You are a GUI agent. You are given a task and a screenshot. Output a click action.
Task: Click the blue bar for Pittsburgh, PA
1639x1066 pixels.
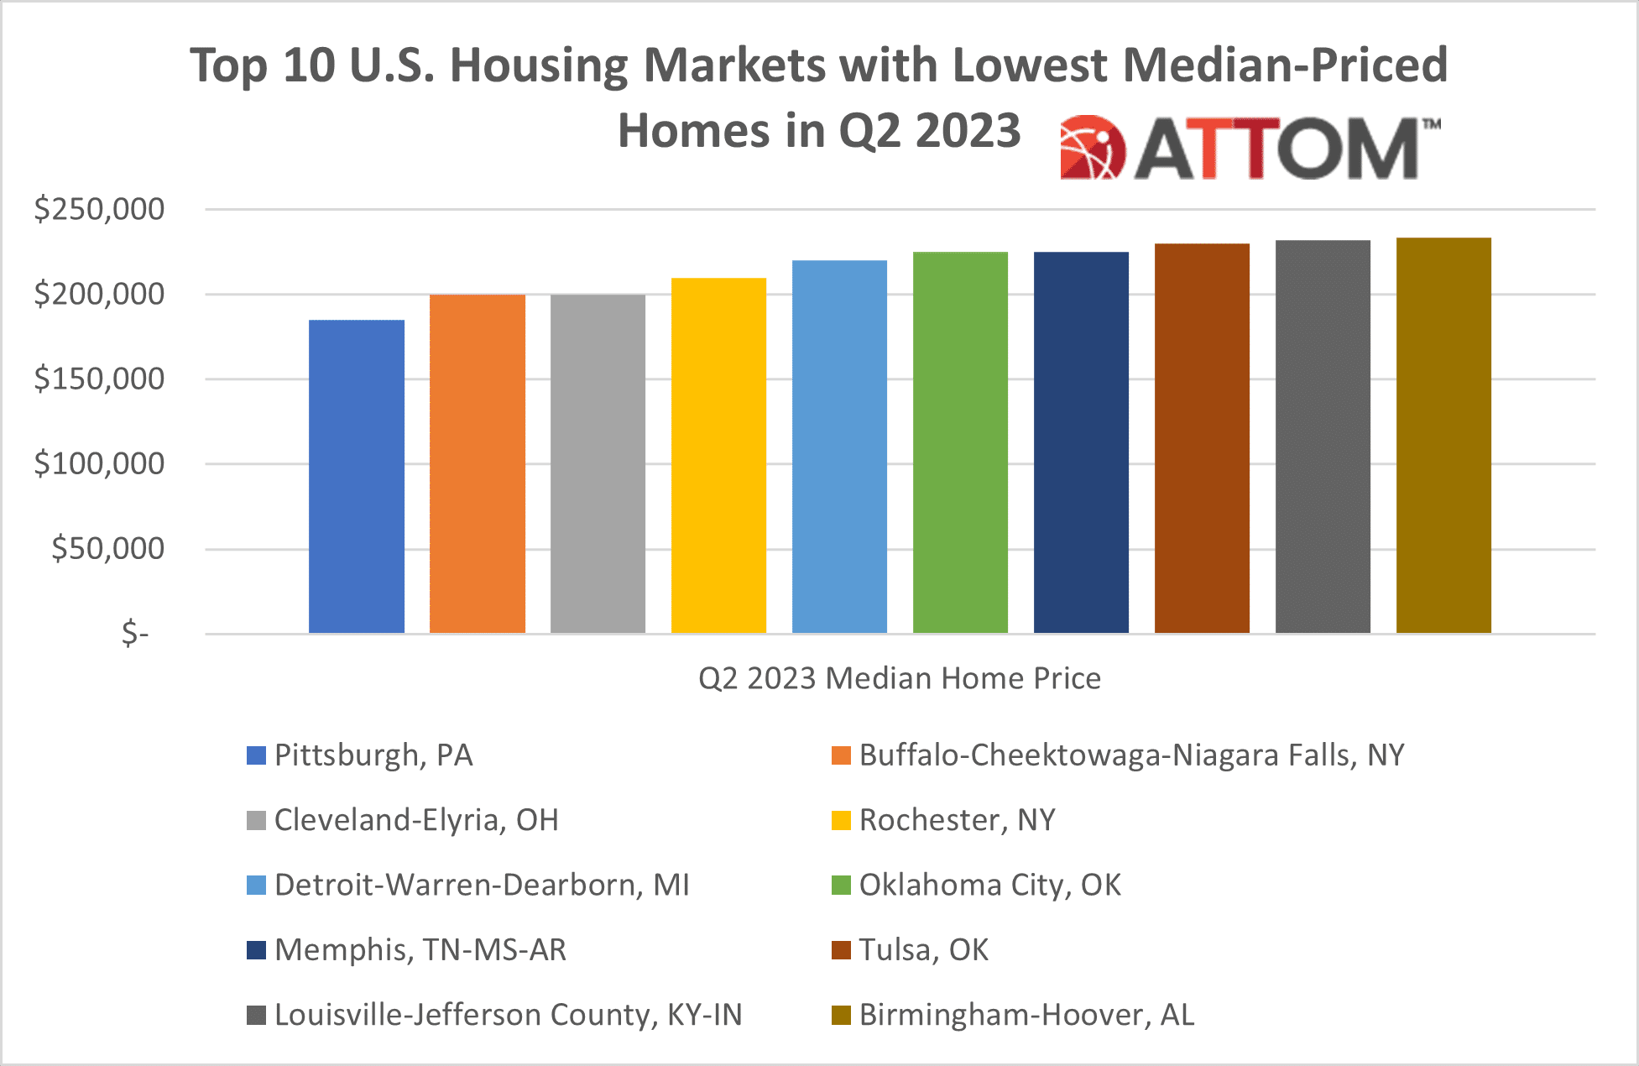coord(357,476)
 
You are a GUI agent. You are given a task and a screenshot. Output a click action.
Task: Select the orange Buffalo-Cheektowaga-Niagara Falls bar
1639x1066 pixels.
coord(478,463)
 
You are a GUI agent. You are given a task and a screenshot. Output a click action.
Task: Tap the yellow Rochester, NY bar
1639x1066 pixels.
coord(718,455)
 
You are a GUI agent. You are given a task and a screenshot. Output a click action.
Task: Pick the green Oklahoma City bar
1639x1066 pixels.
coord(960,442)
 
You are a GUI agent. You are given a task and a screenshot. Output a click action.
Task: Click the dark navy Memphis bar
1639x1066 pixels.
coord(1081,442)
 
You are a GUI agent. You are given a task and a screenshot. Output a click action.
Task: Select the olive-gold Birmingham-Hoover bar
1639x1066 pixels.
coord(1443,435)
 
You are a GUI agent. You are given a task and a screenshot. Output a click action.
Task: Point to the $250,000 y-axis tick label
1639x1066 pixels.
coord(99,209)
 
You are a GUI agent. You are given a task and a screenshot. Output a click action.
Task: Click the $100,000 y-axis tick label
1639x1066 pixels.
coord(99,463)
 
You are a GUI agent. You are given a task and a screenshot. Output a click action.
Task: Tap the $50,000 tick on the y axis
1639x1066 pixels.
coord(107,548)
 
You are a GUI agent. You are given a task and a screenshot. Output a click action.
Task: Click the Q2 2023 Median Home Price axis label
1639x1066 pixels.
coord(899,678)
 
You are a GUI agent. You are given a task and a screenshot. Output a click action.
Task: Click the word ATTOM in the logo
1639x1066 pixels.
coord(1276,149)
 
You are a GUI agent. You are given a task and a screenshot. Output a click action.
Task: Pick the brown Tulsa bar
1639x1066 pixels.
coord(1202,438)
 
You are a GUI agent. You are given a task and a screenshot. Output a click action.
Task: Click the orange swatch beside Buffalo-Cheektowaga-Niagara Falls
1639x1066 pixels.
coord(841,755)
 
